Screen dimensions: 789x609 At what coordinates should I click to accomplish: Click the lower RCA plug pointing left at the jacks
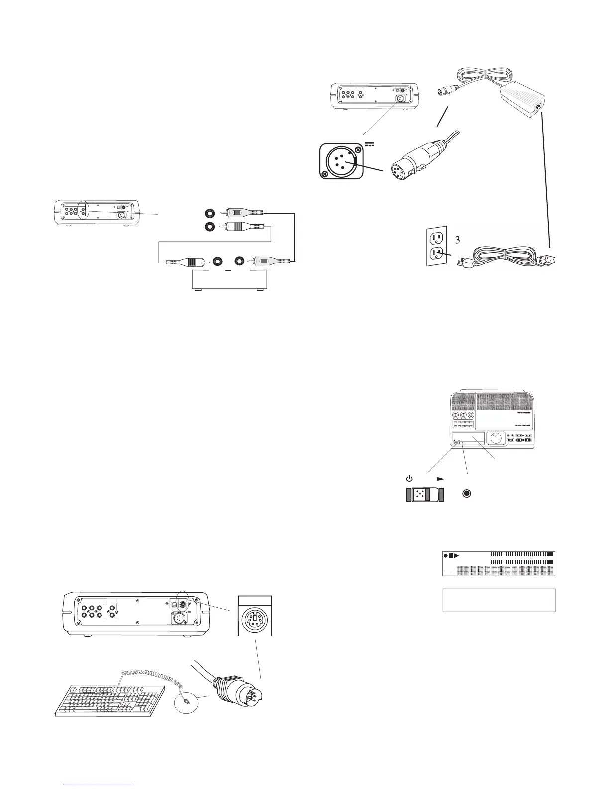click(241, 227)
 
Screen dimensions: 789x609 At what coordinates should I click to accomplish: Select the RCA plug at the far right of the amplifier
click(271, 261)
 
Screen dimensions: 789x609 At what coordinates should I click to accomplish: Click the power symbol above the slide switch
click(409, 478)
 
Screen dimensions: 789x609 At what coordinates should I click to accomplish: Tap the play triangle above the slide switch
click(440, 478)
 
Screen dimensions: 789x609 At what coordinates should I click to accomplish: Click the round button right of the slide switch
click(467, 494)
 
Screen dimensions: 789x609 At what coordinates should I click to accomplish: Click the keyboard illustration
click(109, 695)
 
